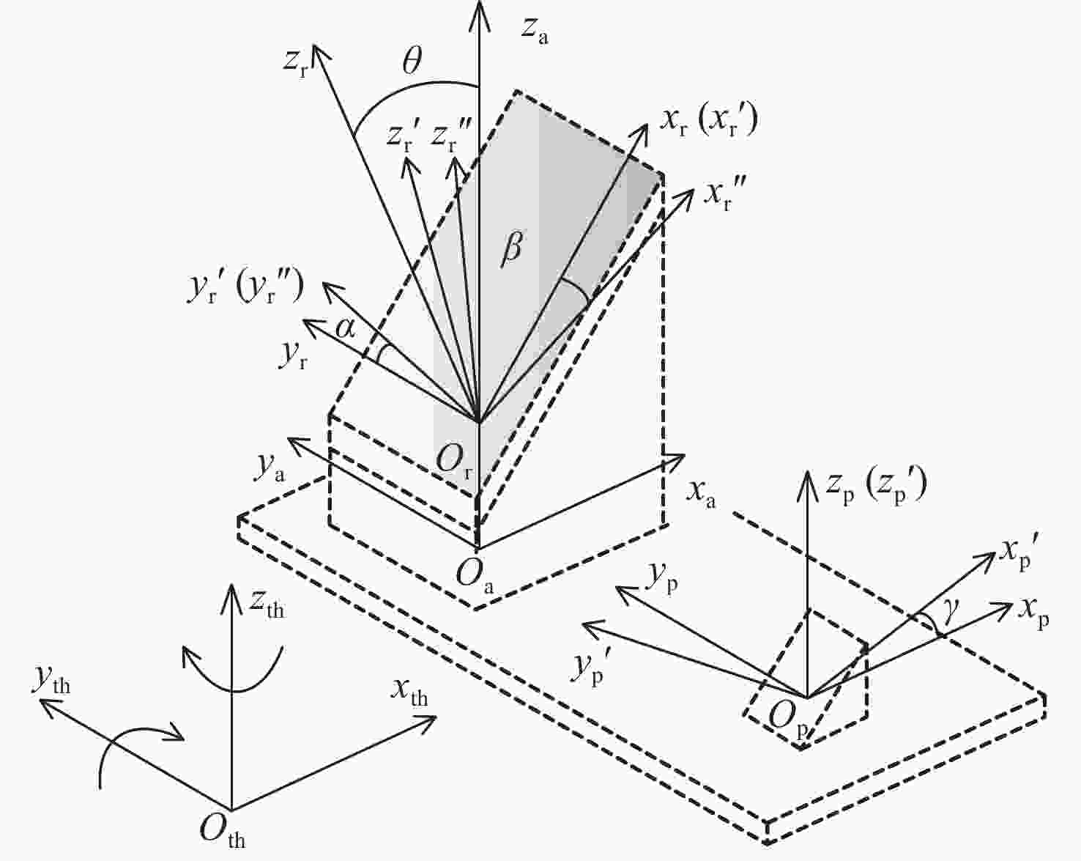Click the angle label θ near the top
412,62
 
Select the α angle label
346,329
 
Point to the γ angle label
951,613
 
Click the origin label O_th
223,830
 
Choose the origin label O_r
455,459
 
